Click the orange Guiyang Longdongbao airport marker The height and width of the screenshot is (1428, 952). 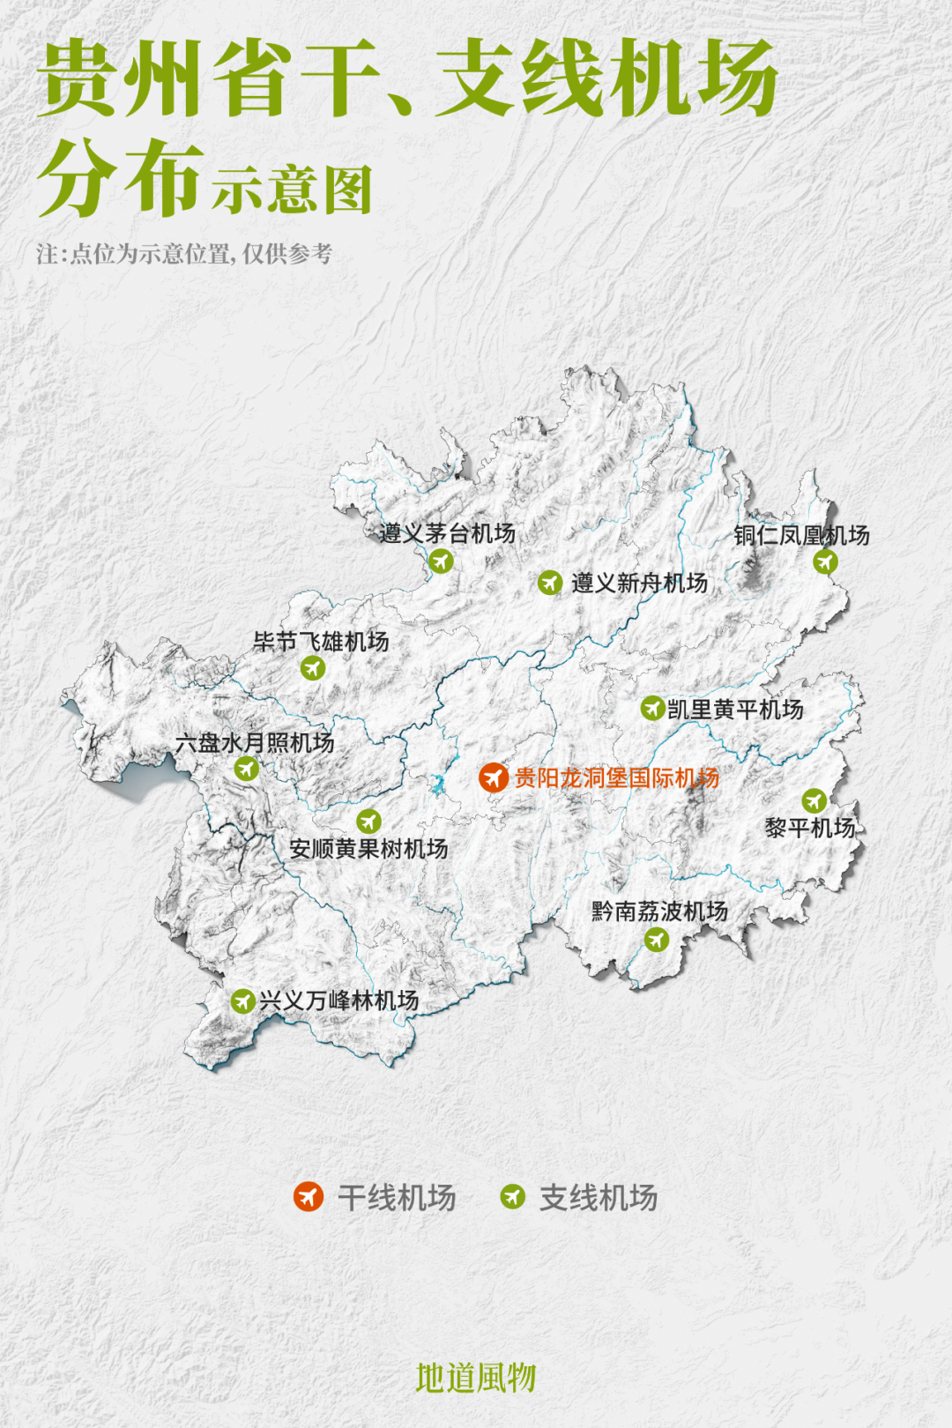tap(493, 777)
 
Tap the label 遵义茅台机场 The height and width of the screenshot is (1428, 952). tap(448, 533)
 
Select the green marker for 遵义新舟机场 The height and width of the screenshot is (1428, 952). tap(550, 583)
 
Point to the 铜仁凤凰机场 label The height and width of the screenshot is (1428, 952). tap(801, 535)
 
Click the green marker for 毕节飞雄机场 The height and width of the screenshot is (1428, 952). tap(313, 668)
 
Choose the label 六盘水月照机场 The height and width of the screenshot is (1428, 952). tap(255, 743)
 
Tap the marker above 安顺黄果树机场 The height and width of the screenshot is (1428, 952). tap(368, 822)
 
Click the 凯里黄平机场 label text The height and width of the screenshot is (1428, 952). tap(735, 709)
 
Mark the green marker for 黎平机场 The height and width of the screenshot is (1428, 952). tap(814, 800)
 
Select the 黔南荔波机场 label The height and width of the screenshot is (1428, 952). tap(659, 911)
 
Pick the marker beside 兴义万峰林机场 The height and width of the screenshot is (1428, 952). tap(242, 1001)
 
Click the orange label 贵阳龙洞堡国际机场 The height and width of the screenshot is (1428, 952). tap(617, 777)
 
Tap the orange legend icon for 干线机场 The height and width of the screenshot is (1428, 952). tap(308, 1197)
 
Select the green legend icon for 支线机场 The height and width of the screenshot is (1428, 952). tap(512, 1197)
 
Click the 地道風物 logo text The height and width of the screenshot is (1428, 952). tap(476, 1378)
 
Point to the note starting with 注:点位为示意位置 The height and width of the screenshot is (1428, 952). tap(184, 254)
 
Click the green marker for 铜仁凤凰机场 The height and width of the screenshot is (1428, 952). tap(825, 562)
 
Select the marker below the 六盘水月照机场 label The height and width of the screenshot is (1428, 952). tap(246, 769)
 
